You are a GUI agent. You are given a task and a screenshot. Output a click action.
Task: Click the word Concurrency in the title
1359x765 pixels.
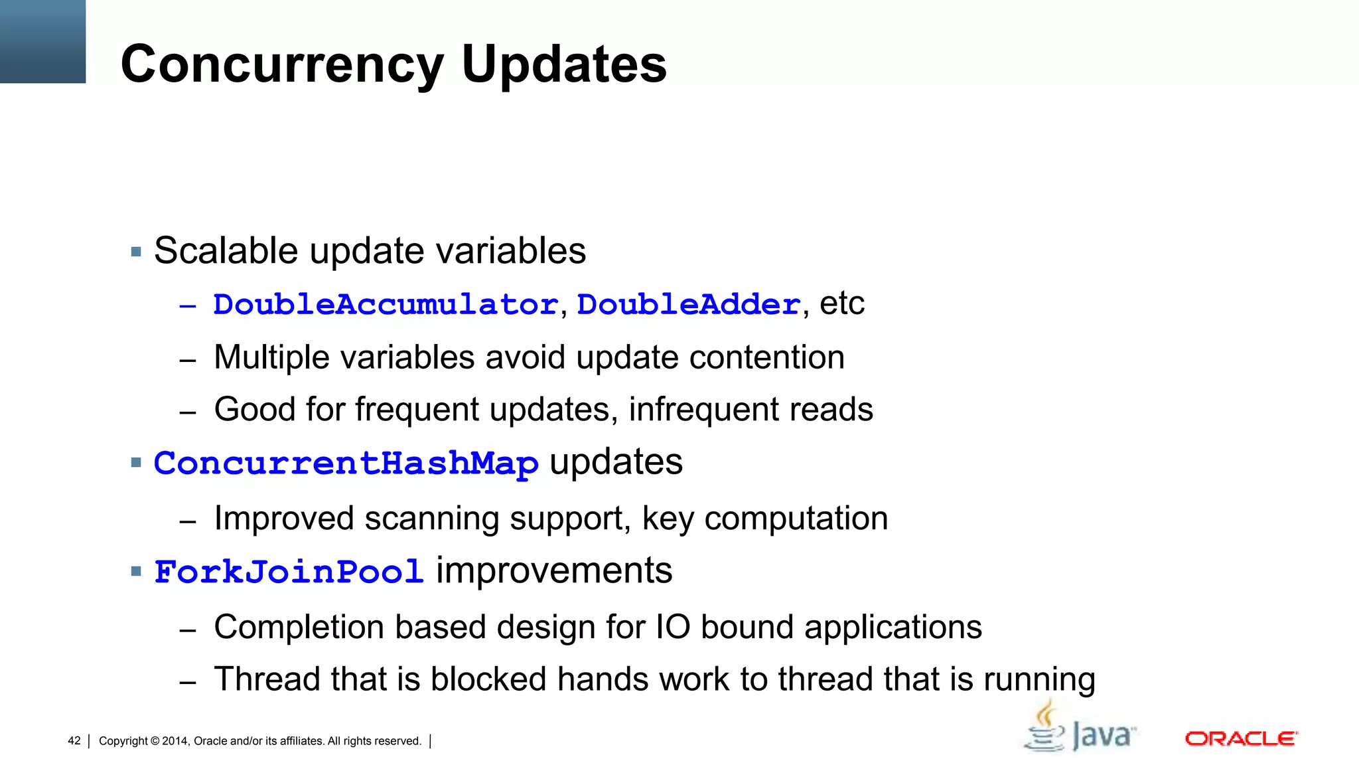[x=282, y=65]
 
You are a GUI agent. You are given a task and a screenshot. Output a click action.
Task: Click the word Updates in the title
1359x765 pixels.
[x=564, y=64]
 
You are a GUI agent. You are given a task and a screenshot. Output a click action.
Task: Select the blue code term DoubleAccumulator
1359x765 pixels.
[x=386, y=305]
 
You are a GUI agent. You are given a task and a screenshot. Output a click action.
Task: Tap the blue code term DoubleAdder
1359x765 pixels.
[x=689, y=305]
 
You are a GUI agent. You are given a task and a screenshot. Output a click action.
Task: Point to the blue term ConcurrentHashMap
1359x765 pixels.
[x=346, y=463]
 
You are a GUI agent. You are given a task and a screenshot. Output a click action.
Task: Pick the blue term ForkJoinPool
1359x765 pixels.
[x=289, y=572]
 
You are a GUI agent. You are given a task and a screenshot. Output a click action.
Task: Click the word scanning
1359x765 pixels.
[x=431, y=519]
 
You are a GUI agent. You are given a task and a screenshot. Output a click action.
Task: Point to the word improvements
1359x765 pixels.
[x=553, y=571]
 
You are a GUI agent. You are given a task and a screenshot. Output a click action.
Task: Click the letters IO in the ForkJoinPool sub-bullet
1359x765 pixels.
[x=673, y=628]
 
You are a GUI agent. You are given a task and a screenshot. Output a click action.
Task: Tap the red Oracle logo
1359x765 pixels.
[x=1241, y=739]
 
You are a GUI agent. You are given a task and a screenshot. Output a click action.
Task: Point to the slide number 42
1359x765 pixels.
[x=74, y=741]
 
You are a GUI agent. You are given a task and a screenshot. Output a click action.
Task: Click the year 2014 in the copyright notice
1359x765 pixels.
[x=175, y=741]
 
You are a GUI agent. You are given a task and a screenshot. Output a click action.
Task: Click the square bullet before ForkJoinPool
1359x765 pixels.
[x=137, y=571]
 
